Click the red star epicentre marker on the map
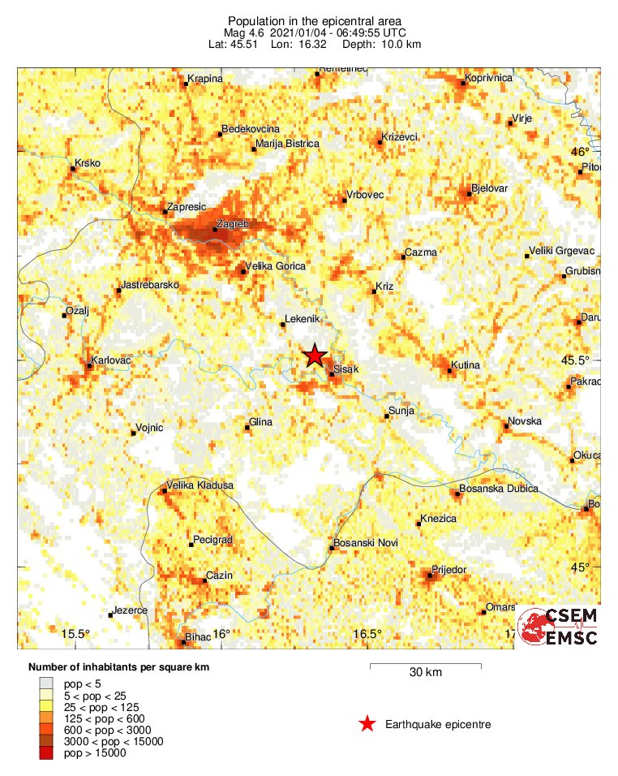point(315,356)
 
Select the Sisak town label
point(347,369)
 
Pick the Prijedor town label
point(450,570)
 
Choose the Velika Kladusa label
point(200,485)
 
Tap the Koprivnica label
point(489,78)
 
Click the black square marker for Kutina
point(450,371)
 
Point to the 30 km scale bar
point(425,666)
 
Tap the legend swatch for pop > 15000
point(47,753)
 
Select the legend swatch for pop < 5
point(47,685)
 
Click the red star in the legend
point(367,724)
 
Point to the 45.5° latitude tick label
point(582,360)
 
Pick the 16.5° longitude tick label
point(367,634)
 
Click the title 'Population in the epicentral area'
point(314,21)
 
